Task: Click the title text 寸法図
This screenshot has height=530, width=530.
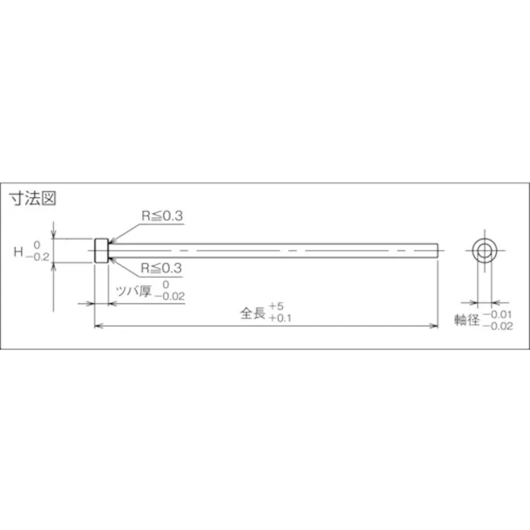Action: coord(32,199)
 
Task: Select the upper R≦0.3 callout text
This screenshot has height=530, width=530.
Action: coord(163,216)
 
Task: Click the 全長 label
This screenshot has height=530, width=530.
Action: coord(253,313)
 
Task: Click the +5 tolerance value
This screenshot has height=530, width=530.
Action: coord(277,306)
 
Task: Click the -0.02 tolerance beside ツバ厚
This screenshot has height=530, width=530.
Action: coord(169,296)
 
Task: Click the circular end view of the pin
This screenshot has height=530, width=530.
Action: coord(486,251)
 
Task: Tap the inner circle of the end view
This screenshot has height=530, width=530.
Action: coord(486,251)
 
